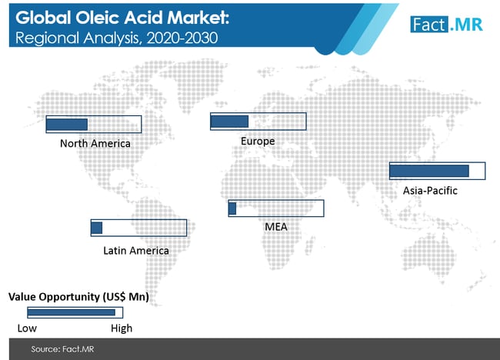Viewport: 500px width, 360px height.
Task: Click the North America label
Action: click(95, 144)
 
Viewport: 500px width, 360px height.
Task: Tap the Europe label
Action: click(258, 141)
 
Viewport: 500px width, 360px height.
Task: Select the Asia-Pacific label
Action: click(430, 190)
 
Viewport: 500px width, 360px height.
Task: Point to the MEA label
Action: click(276, 227)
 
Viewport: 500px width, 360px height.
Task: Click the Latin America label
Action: click(136, 251)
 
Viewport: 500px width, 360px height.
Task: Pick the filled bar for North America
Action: click(67, 125)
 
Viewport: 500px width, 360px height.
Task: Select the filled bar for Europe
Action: click(229, 122)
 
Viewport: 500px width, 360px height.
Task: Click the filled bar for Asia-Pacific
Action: click(429, 171)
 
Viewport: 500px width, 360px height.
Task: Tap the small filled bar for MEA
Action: click(232, 208)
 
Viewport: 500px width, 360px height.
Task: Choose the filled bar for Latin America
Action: click(97, 228)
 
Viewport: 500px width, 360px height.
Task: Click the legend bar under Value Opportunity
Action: click(72, 312)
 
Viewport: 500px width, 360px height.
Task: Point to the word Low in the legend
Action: click(27, 328)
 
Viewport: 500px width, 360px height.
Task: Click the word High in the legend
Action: click(122, 328)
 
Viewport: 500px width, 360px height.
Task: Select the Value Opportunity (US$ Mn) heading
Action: click(78, 297)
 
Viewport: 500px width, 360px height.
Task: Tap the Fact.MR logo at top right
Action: click(446, 25)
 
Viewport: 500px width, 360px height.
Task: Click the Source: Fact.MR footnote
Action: click(62, 349)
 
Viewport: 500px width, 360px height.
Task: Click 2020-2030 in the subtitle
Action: click(182, 38)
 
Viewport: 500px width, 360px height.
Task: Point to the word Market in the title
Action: click(198, 18)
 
